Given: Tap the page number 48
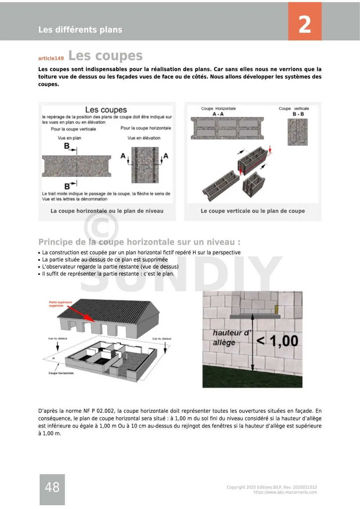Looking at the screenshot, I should coord(52,487).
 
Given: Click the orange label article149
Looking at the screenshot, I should coord(51,58).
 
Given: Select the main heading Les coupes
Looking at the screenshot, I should coord(105,56).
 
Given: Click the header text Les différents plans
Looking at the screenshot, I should coord(80,30).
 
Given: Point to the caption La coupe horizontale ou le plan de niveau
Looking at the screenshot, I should coord(107,211).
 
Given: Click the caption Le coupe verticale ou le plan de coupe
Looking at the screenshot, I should coord(252,211).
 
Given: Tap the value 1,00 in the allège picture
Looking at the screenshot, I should coord(284,341).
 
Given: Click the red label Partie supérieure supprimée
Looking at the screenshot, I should coord(60,304).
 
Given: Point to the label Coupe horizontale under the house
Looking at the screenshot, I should coord(61,373).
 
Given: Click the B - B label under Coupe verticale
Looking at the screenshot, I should coord(298,114).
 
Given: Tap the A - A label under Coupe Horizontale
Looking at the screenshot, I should coord(218,114).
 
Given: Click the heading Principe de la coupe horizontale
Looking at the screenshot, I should coord(139,242).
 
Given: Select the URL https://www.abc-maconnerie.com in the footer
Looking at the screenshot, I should coord(285,492).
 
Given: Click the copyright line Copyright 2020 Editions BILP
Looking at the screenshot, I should coord(271,487).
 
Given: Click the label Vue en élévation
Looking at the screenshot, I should coord(144,138).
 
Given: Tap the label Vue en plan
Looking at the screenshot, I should coord(69,138).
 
